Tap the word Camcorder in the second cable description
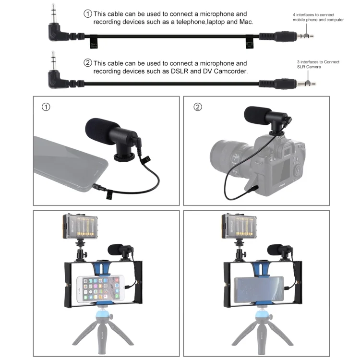pyautogui.click(x=231, y=71)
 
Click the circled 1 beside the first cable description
pyautogui.click(x=87, y=14)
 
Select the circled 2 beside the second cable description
pyautogui.click(x=87, y=63)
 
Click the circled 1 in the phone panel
pyautogui.click(x=46, y=107)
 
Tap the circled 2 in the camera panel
pyautogui.click(x=198, y=107)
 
